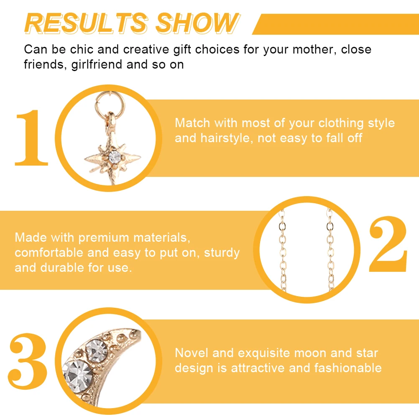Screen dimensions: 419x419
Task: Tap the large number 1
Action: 32,138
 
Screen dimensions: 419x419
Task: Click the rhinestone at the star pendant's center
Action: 115,157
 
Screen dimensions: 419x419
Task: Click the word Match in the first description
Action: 193,123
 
